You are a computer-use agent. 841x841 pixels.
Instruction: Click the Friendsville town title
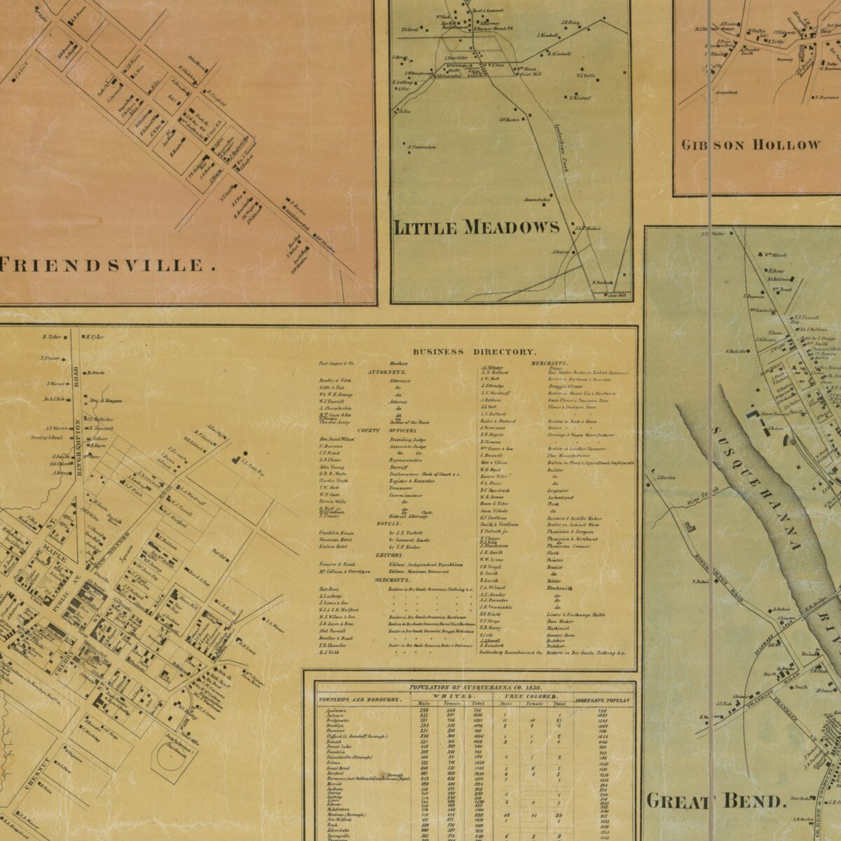[x=105, y=265]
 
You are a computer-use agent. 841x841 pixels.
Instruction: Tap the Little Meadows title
[x=477, y=227]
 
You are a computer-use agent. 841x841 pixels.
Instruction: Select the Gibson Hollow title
[x=750, y=145]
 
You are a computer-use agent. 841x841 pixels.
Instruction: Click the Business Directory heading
[x=474, y=352]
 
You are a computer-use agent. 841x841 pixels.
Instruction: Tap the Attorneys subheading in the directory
[x=403, y=371]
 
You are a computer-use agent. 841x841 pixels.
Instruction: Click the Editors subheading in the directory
[x=388, y=554]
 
